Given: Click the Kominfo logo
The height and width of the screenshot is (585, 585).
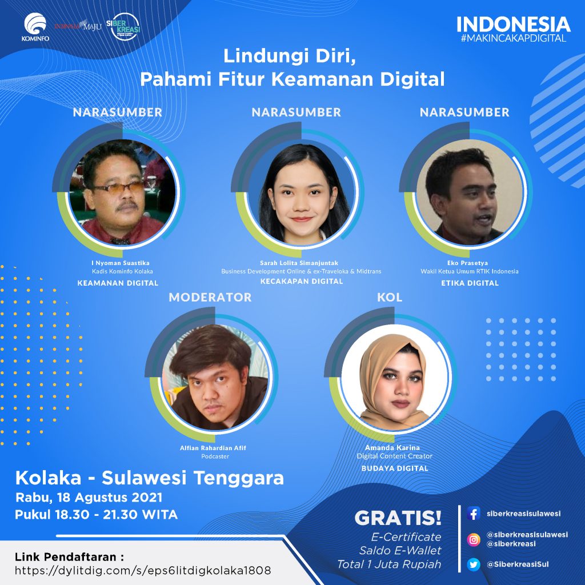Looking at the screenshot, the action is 35,27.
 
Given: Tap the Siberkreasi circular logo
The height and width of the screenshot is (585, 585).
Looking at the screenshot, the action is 123,26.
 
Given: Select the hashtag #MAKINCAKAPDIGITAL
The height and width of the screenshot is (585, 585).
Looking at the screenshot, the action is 514,38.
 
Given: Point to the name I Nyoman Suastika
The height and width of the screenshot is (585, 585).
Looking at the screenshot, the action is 120,263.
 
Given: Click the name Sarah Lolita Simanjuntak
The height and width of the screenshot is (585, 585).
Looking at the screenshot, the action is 299,263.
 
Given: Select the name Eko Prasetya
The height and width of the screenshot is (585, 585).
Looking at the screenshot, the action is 467,263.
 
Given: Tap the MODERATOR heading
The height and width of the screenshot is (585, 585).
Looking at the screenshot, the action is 210,297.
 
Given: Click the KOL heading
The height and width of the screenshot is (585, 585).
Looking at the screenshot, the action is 390,297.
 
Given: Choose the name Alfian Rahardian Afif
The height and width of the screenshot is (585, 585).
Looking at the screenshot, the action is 213,448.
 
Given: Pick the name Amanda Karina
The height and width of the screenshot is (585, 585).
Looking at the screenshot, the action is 392,448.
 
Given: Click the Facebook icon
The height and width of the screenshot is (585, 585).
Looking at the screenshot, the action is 474,514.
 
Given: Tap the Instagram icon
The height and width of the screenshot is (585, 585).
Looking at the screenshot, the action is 474,539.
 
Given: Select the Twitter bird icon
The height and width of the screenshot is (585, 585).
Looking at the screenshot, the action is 474,564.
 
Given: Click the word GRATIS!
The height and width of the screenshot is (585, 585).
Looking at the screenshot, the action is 398,518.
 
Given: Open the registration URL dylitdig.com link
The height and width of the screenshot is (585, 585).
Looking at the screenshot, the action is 143,571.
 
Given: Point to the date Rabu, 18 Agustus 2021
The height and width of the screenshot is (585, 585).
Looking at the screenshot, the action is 89,498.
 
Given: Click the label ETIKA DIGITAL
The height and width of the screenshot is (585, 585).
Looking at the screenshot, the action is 470,283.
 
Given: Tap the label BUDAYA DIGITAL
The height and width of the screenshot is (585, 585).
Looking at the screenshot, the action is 395,468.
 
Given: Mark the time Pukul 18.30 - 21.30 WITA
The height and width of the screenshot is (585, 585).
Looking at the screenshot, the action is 96,515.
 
